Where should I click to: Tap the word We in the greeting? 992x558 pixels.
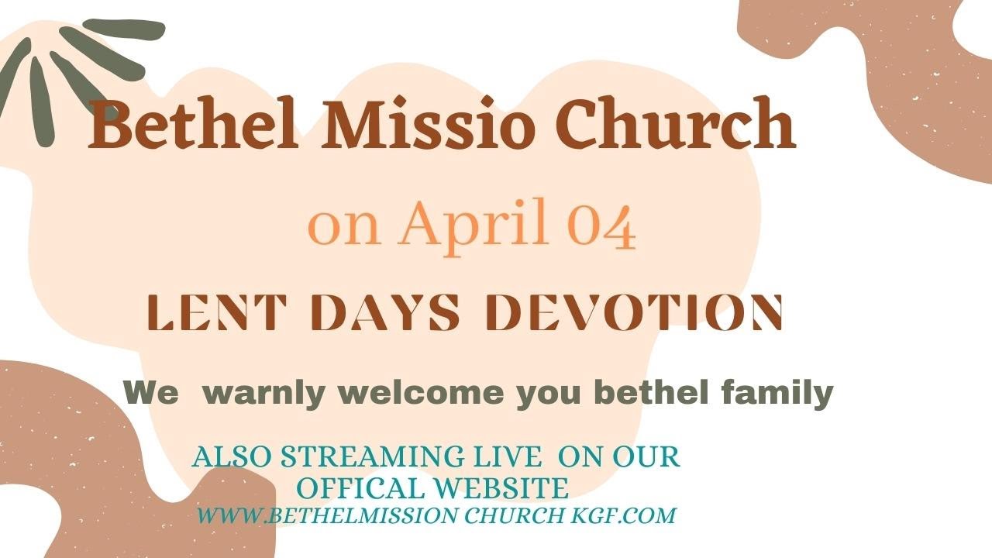point(152,393)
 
